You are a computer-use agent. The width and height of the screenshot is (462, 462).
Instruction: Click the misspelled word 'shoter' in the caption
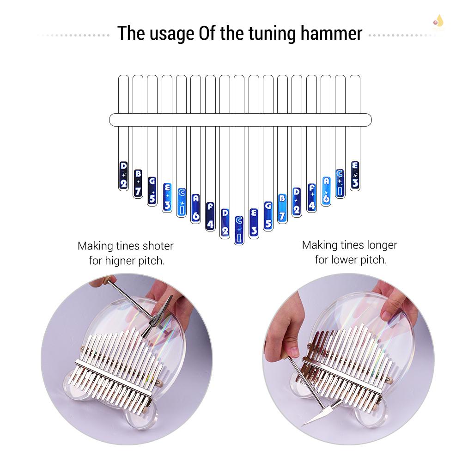(x=158, y=246)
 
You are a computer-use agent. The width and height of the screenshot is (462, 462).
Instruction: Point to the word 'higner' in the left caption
(x=121, y=261)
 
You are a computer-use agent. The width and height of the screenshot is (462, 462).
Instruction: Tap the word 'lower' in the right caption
(x=343, y=260)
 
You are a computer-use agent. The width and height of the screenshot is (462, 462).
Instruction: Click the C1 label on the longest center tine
(x=239, y=230)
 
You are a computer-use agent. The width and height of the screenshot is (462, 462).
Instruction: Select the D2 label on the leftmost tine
(x=123, y=176)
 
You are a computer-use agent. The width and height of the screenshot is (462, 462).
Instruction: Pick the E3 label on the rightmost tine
(x=355, y=176)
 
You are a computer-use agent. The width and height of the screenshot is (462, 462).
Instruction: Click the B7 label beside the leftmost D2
(x=138, y=183)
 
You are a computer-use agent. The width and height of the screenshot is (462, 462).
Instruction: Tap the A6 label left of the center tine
(x=196, y=207)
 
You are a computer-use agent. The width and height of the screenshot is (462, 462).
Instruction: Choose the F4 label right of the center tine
(x=311, y=197)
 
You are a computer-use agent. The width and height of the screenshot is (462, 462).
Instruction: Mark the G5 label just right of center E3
(x=268, y=216)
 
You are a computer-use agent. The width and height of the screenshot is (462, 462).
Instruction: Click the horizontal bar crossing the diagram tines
(x=240, y=120)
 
